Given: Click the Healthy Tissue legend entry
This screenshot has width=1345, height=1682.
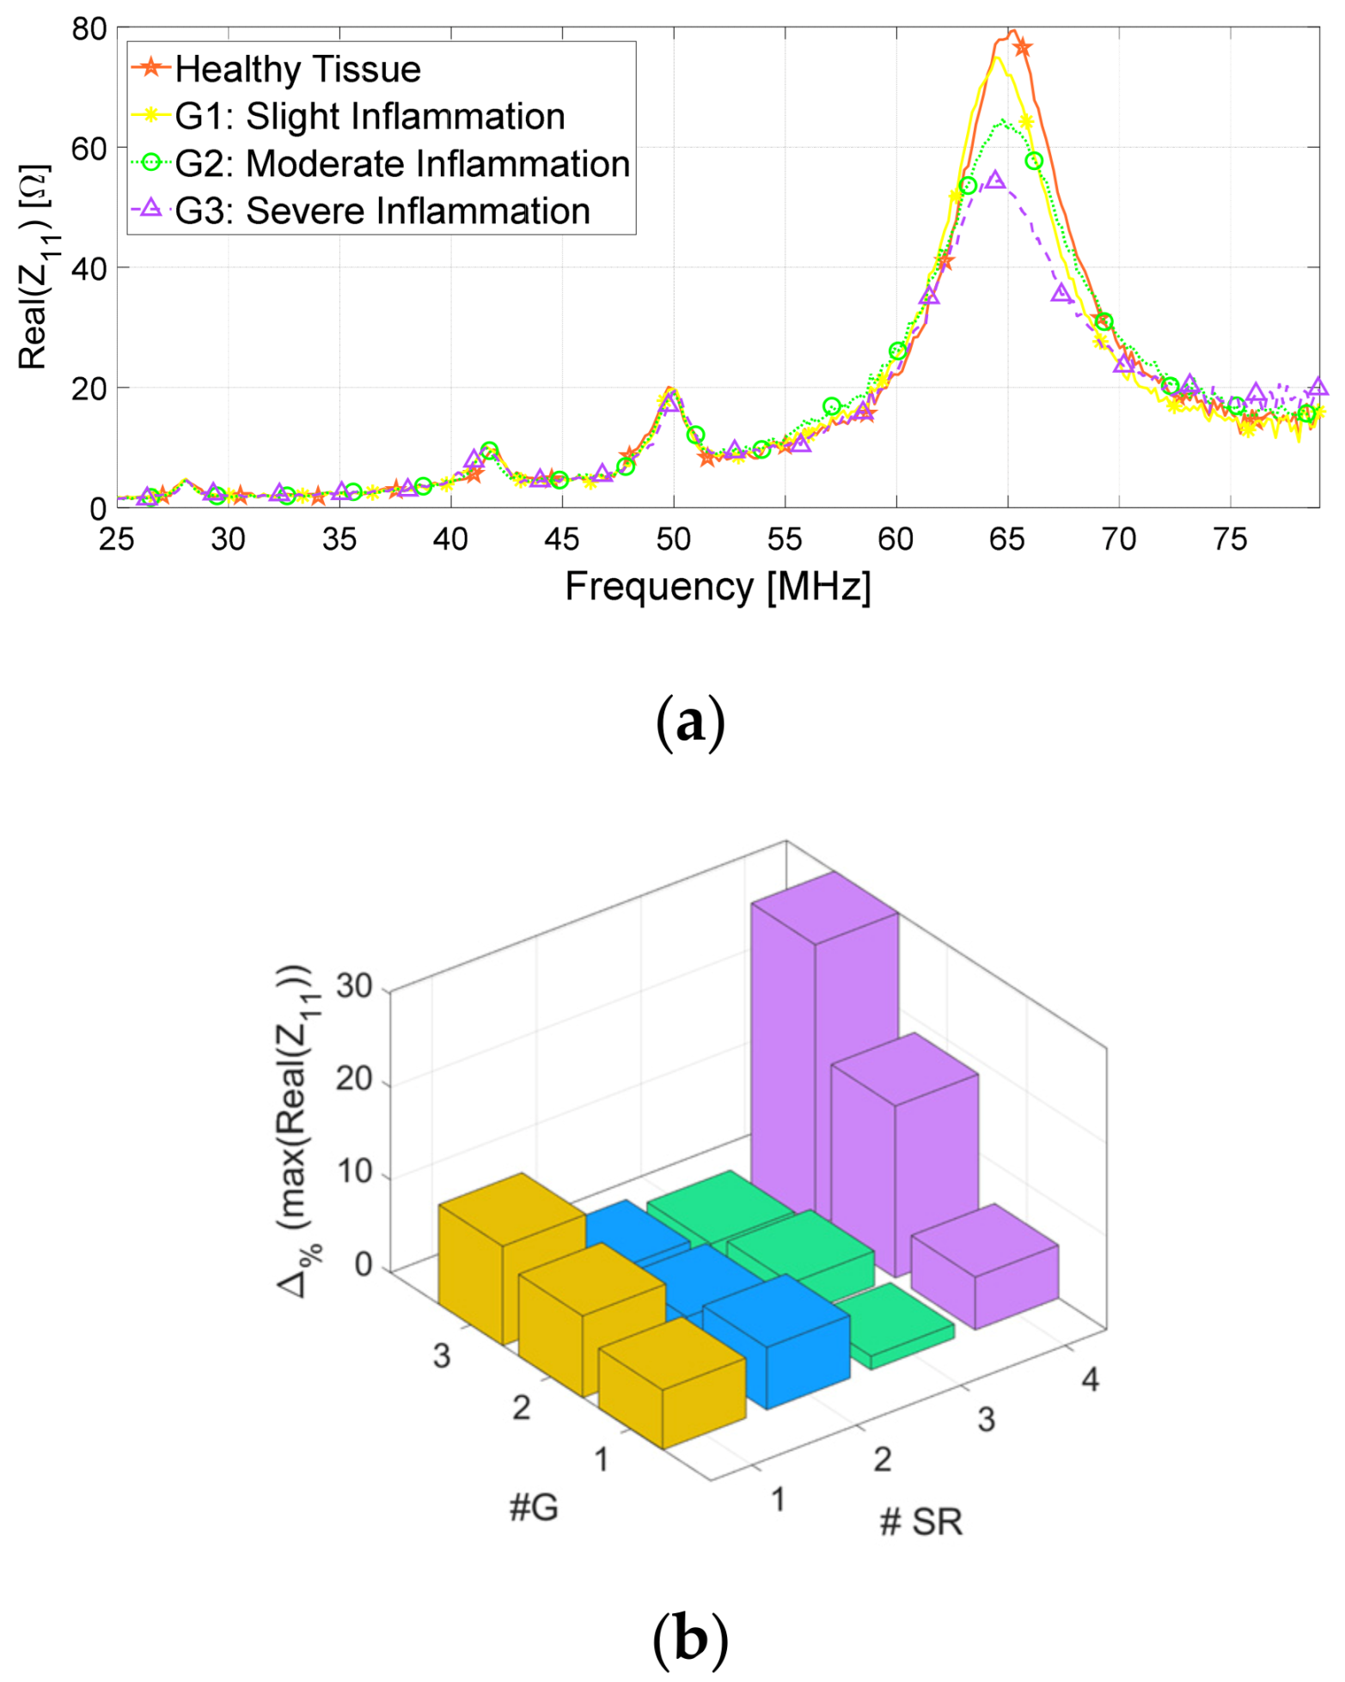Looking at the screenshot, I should [x=297, y=70].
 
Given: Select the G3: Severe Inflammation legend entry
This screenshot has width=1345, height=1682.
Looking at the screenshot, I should [x=382, y=211].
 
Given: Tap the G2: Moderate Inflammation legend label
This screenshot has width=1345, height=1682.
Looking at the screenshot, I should [x=402, y=164].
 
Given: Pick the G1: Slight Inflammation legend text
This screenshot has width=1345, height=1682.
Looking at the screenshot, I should [x=370, y=117].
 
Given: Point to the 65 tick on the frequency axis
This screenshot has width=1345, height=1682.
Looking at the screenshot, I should [x=1006, y=539].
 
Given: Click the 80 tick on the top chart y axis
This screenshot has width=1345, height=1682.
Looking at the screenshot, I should [x=89, y=29].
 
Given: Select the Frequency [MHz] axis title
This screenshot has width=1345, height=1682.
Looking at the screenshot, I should [x=718, y=587].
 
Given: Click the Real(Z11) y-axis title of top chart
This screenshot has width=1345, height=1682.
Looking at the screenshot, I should [x=34, y=267].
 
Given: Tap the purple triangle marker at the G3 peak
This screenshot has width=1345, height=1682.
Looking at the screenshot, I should [x=995, y=180].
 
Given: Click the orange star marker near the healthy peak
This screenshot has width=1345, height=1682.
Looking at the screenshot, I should [x=1021, y=48].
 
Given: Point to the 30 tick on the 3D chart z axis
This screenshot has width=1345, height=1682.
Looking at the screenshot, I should [x=353, y=986].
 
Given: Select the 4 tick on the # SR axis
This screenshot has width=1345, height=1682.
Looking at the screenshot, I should [x=1090, y=1380].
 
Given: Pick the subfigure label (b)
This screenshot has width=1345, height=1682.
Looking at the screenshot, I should [x=690, y=1639].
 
